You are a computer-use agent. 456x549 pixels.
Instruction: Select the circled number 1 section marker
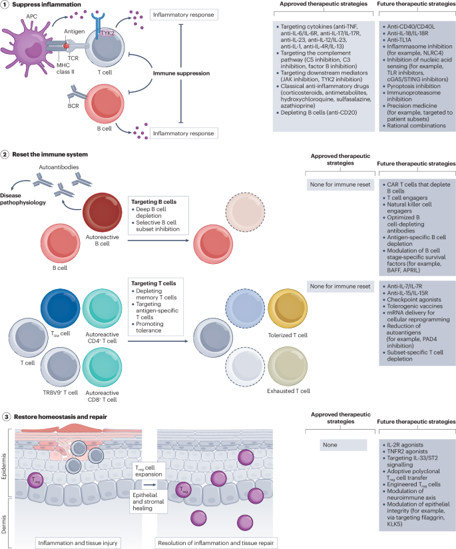(5, 5)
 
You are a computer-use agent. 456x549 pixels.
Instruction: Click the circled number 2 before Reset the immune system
(5, 155)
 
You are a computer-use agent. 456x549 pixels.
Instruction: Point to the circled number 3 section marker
(5, 417)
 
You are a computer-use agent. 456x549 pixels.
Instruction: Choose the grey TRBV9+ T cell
(61, 368)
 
